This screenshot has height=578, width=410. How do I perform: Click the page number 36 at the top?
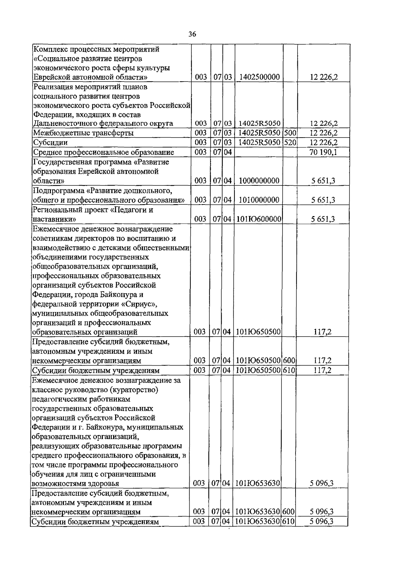tap(192, 34)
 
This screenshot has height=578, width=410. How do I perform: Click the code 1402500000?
tap(260, 77)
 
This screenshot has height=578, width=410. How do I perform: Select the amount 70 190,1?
tap(323, 152)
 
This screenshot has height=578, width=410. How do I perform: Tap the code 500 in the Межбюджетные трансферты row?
tap(290, 133)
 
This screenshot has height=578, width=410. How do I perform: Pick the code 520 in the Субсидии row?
tap(290, 142)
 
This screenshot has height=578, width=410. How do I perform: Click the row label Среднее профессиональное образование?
tap(104, 152)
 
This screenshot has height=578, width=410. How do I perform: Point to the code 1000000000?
tap(259, 181)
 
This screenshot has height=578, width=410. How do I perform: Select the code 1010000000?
tap(259, 200)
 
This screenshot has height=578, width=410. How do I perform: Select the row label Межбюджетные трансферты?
tap(83, 133)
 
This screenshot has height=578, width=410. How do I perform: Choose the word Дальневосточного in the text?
tap(64, 124)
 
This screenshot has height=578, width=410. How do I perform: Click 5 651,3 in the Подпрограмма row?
tap(323, 200)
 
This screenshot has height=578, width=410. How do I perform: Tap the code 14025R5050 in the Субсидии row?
tap(259, 142)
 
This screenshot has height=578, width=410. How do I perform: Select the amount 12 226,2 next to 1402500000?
tap(324, 77)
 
